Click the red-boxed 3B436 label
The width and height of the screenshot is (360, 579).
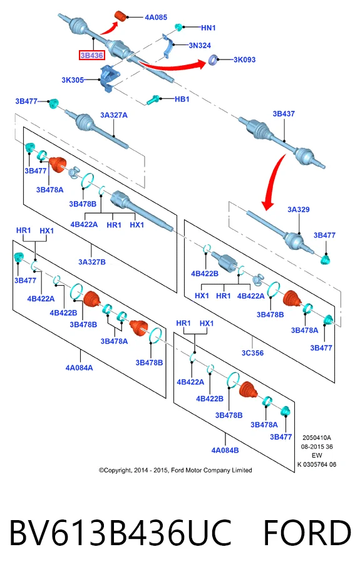tap(92, 55)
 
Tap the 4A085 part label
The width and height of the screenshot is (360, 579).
tap(156, 18)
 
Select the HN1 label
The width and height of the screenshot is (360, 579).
tap(208, 28)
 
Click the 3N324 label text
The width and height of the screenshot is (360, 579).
tap(200, 45)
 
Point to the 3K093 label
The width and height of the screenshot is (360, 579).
tap(244, 60)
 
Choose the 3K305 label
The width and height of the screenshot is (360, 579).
tap(73, 80)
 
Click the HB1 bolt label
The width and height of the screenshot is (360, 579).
tap(182, 99)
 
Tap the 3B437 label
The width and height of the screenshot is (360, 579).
tap(284, 114)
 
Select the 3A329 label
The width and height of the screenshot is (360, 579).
tap(299, 209)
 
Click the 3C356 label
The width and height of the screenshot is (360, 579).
tap(253, 353)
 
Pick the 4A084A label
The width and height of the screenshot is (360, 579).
tap(80, 368)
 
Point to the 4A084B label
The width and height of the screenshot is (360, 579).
tap(225, 450)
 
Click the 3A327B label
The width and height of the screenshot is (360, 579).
tap(92, 262)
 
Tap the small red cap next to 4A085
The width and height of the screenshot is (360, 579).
tap(121, 16)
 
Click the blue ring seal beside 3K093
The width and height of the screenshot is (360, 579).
tap(213, 60)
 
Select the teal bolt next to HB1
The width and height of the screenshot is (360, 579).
tap(153, 100)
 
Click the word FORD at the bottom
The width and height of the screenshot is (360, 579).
tap(307, 533)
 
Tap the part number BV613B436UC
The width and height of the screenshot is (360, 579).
tap(120, 533)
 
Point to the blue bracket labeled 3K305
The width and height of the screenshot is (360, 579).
tap(109, 78)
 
